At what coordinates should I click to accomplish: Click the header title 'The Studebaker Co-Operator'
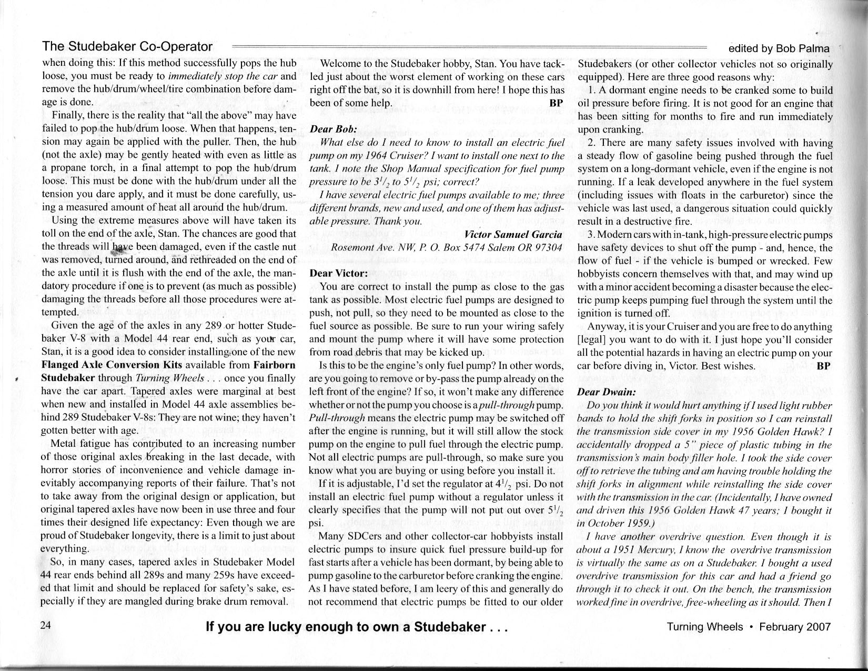pyautogui.click(x=127, y=46)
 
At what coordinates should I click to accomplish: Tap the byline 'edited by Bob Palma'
pyautogui.click(x=779, y=49)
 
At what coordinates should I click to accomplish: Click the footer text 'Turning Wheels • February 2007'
pyautogui.click(x=749, y=627)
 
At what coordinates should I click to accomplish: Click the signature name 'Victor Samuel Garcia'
pyautogui.click(x=513, y=234)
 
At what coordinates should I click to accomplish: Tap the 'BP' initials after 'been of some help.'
pyautogui.click(x=557, y=103)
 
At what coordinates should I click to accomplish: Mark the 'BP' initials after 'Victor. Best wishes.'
pyautogui.click(x=824, y=366)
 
